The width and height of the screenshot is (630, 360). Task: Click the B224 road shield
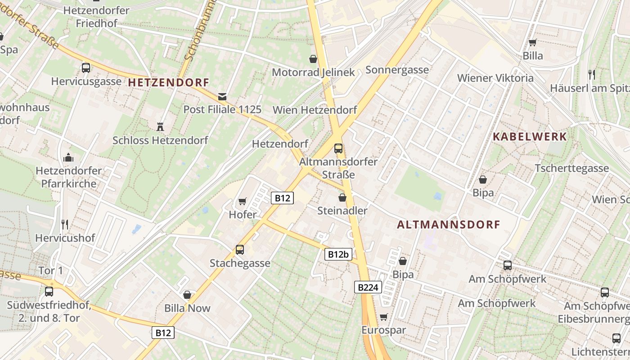(x=368, y=287)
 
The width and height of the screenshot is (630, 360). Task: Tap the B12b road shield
(x=338, y=254)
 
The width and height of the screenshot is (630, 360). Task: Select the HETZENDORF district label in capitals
(x=169, y=82)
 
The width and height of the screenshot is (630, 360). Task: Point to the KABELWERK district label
(x=530, y=136)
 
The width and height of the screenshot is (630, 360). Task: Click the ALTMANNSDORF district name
(x=449, y=225)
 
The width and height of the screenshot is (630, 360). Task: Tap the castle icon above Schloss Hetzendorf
(x=160, y=126)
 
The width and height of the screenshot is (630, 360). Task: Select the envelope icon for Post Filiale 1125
(x=222, y=96)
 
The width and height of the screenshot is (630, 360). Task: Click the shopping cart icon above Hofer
(x=243, y=201)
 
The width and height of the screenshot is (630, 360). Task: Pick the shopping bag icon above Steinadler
(x=342, y=198)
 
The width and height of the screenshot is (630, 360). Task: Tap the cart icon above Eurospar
(x=383, y=317)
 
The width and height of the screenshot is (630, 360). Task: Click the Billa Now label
(x=188, y=308)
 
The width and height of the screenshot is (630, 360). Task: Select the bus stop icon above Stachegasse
(x=240, y=249)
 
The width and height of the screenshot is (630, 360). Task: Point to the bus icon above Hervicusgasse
(x=86, y=68)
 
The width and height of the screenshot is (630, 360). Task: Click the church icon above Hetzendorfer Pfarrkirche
(x=68, y=157)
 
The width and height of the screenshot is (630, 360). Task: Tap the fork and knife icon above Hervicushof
(x=65, y=224)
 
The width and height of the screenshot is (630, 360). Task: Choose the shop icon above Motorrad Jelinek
(x=313, y=59)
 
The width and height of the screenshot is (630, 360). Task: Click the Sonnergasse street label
(x=397, y=70)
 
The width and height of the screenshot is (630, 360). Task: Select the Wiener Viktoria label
(x=495, y=78)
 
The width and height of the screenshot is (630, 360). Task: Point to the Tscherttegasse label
(x=571, y=168)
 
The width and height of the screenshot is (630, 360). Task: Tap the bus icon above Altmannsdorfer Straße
(x=338, y=148)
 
